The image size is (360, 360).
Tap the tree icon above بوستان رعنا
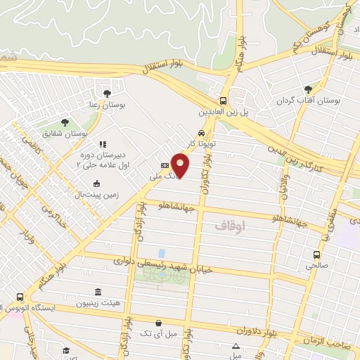coord(107,93)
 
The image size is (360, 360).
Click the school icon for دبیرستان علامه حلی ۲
coord(101,143)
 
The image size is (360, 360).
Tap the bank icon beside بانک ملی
coord(165,165)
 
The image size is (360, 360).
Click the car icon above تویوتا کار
coord(202,132)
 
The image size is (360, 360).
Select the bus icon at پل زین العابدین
coord(223,100)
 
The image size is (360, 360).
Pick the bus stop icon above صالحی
coord(316,255)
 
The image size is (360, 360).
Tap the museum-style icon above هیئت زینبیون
coord(96,292)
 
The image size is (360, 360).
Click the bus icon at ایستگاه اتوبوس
coord(20,297)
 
